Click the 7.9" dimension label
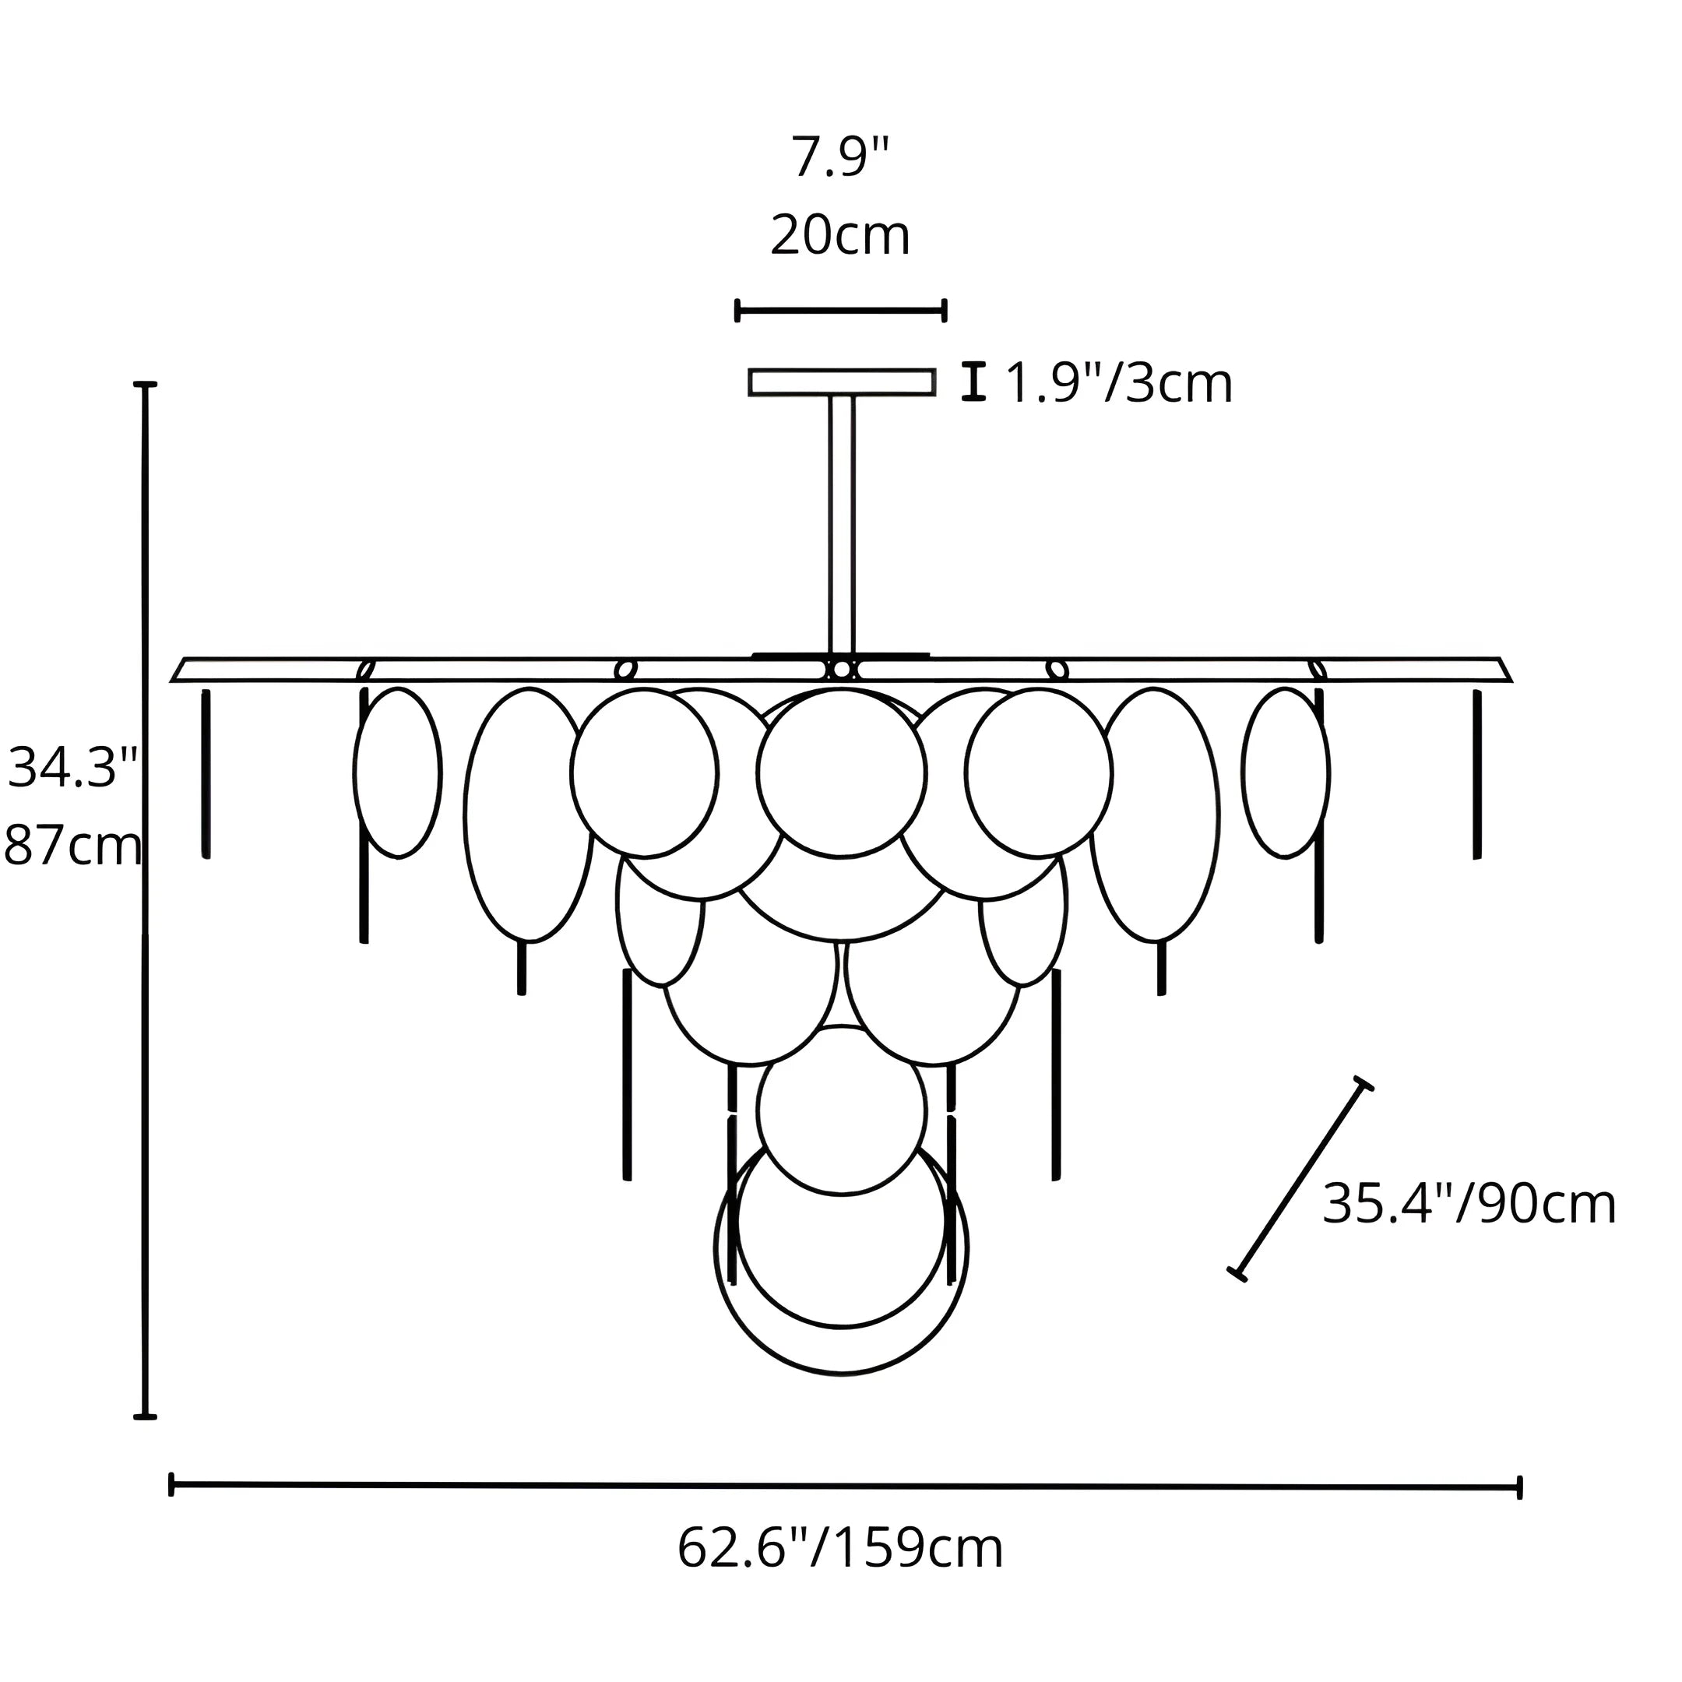[x=840, y=157]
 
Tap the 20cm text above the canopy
[x=840, y=235]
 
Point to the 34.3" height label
[x=74, y=768]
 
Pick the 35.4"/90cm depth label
[x=1469, y=1205]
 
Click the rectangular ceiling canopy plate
[x=842, y=382]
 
